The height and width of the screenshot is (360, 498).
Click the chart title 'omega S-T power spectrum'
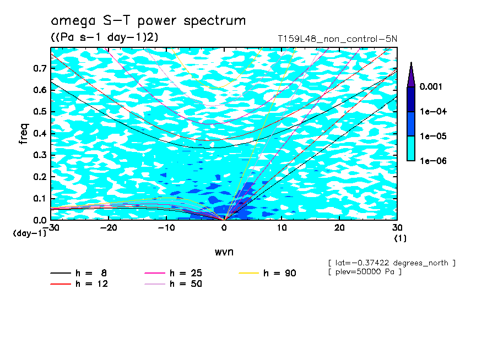coord(148,21)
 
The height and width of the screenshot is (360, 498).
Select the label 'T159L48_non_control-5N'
coord(337,40)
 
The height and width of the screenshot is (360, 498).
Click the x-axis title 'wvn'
coord(224,252)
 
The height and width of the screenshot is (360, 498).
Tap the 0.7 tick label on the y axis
coord(39,68)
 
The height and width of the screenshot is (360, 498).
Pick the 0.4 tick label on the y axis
coord(39,133)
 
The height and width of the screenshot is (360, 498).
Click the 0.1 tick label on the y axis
coord(39,198)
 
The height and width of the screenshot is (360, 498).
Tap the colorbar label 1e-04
coord(434,112)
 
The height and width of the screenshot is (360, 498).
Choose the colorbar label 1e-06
coord(434,161)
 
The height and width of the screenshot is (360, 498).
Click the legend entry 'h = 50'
coord(186,284)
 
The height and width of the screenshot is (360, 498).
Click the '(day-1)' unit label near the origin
coord(30,233)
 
